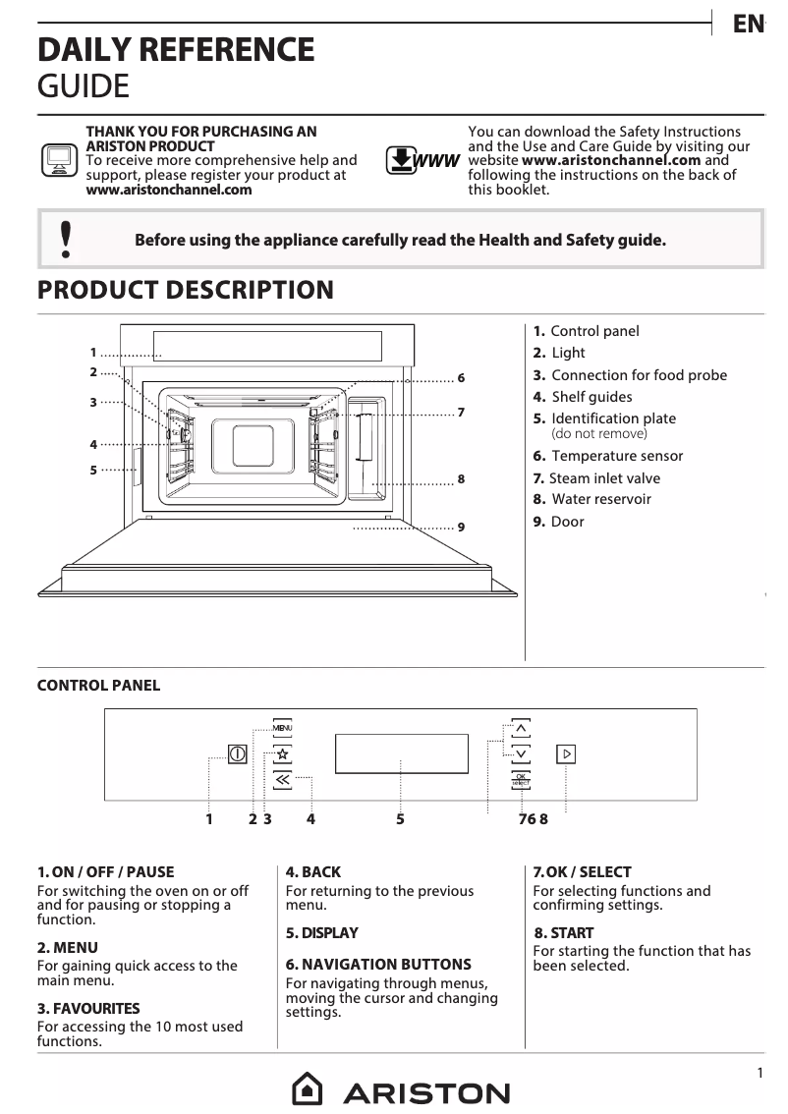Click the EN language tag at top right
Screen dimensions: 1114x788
coord(748,25)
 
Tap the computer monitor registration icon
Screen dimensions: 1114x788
coord(59,159)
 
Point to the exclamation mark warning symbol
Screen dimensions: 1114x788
coord(66,240)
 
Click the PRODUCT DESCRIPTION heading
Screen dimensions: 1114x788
coord(185,291)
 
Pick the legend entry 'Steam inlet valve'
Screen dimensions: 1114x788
coord(603,478)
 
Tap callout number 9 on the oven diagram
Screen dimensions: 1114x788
coord(461,528)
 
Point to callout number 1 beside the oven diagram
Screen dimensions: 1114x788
coord(93,353)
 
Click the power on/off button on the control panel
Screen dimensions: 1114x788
coord(237,754)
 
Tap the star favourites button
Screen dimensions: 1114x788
coord(282,754)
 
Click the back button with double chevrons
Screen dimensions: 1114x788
coord(282,780)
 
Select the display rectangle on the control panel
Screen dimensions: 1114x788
coord(401,754)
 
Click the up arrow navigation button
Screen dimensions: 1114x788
coord(521,728)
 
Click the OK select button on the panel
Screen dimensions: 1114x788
coord(521,780)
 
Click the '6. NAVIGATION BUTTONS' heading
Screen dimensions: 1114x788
coord(378,965)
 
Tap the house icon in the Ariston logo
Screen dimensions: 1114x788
coord(308,1090)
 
